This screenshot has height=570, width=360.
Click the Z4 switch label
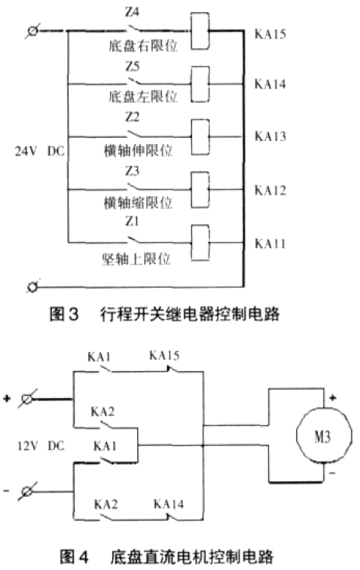click(132, 12)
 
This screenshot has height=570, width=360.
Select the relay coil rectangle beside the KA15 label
click(200, 31)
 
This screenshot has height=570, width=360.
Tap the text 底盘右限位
click(143, 46)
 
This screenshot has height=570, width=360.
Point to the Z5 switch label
click(133, 66)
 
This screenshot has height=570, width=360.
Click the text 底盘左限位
click(143, 97)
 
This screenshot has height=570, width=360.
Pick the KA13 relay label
click(270, 136)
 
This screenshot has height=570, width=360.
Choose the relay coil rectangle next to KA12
click(200, 190)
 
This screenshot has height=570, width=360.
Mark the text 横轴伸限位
click(138, 151)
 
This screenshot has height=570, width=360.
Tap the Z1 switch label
click(132, 221)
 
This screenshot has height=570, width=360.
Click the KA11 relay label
click(270, 244)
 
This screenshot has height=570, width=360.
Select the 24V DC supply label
click(39, 151)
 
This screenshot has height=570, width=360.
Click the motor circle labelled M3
click(324, 435)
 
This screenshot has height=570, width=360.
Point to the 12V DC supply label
click(41, 446)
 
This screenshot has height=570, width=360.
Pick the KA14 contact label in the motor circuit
click(169, 504)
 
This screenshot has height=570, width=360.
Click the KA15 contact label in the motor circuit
click(164, 355)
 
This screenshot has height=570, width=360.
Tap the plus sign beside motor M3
click(332, 397)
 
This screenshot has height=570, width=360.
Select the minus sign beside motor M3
click(332, 473)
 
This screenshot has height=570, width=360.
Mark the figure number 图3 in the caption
click(64, 314)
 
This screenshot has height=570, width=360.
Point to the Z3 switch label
click(132, 170)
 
